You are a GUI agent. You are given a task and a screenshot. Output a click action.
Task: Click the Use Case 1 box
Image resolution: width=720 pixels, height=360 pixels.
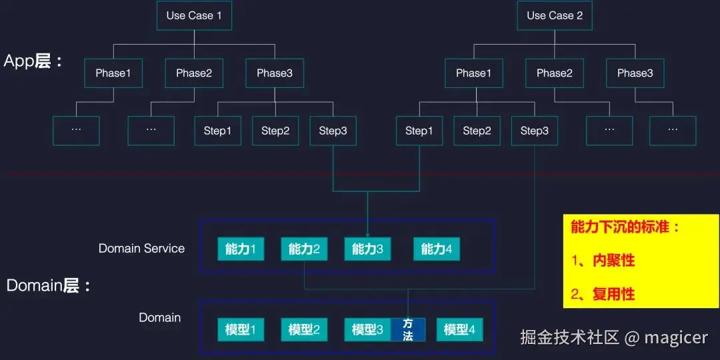pos(194,16)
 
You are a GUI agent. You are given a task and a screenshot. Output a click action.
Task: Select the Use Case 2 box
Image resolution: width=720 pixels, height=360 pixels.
pos(555,16)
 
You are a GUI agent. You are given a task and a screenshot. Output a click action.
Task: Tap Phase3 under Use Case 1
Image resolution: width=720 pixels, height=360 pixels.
pos(275,73)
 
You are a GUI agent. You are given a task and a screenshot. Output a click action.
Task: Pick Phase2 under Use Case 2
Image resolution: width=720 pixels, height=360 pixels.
pos(555,73)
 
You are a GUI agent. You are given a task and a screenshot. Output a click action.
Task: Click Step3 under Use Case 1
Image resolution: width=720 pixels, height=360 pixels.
pos(333,131)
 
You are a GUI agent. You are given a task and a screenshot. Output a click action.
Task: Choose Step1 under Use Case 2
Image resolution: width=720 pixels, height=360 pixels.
pos(419,131)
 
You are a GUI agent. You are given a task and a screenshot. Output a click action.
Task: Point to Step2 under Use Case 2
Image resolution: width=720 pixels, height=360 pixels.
pos(477,131)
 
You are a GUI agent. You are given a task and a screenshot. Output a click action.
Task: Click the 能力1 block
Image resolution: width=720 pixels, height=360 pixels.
pos(241,249)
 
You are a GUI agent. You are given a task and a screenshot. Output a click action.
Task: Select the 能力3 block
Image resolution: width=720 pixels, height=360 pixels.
pos(367,249)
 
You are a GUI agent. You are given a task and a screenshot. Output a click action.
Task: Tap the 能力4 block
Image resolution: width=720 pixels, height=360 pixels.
pos(437,249)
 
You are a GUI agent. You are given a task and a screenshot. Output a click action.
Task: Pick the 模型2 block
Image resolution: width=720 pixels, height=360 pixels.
pos(304,329)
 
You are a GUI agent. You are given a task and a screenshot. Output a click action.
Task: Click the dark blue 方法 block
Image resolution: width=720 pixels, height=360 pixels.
pos(408,329)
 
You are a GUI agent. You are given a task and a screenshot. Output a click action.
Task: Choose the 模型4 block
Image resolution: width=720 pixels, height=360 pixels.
pos(459,329)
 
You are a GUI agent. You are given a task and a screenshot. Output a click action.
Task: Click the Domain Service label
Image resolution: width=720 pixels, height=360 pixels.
pos(141,249)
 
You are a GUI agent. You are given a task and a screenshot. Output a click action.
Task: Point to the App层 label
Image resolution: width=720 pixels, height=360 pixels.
pos(33,61)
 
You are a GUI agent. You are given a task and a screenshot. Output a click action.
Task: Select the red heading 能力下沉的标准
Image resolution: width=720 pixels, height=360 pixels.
pos(625,227)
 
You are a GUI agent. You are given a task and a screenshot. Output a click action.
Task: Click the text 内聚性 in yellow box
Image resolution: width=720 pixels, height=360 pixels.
pos(613,261)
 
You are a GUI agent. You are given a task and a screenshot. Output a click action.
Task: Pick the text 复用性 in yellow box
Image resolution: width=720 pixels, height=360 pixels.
pos(613,294)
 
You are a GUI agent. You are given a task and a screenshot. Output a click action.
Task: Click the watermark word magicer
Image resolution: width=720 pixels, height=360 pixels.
pos(676,337)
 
